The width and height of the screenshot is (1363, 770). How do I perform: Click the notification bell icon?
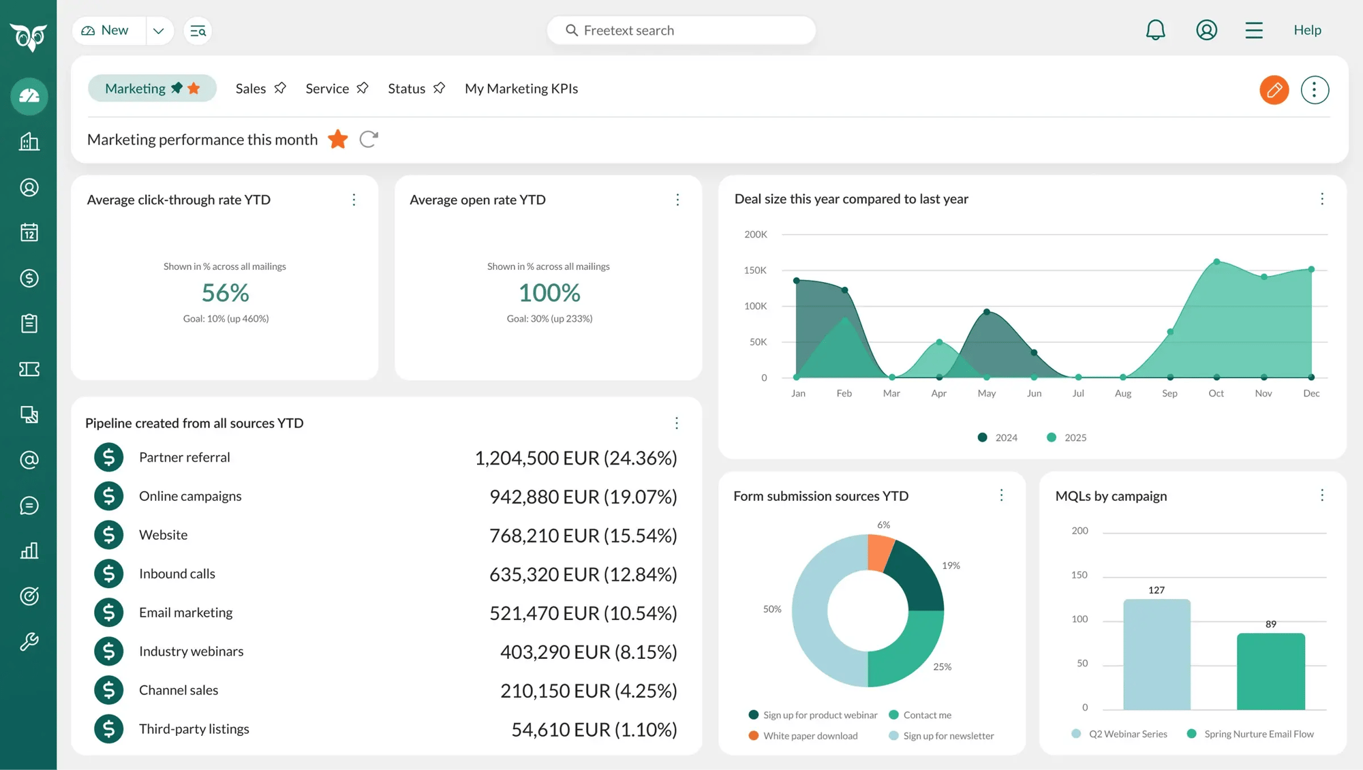[x=1155, y=30]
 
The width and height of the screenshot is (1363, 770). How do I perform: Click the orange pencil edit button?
[x=1274, y=89]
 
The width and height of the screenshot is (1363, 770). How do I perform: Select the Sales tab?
[x=251, y=89]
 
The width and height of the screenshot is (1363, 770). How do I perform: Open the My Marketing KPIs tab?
[x=521, y=89]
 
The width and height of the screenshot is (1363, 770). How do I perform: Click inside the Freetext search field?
[x=681, y=31]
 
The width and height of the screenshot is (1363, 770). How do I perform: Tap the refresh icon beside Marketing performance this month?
[x=369, y=140]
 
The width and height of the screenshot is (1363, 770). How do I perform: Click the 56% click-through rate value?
[x=226, y=293]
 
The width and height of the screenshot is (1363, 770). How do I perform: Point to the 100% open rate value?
[x=549, y=293]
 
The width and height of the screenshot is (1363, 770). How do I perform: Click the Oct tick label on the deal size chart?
[x=1216, y=394]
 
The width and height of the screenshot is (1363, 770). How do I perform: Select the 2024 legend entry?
[x=998, y=437]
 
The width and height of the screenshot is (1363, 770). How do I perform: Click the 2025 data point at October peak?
[x=1216, y=262]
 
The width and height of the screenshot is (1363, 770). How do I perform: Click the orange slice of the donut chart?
[x=880, y=552]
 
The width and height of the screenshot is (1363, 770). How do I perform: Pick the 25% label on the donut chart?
[x=942, y=667]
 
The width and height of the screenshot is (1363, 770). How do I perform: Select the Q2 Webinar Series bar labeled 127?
[x=1157, y=654]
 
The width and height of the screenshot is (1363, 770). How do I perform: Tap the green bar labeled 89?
[x=1270, y=671]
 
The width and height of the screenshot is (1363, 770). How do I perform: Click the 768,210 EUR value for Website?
[x=583, y=536]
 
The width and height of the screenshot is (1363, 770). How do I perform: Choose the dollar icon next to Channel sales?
[x=109, y=690]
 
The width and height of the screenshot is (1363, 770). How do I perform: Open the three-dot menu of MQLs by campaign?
[x=1321, y=495]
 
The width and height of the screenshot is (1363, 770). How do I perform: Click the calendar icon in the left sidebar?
[x=29, y=233]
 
